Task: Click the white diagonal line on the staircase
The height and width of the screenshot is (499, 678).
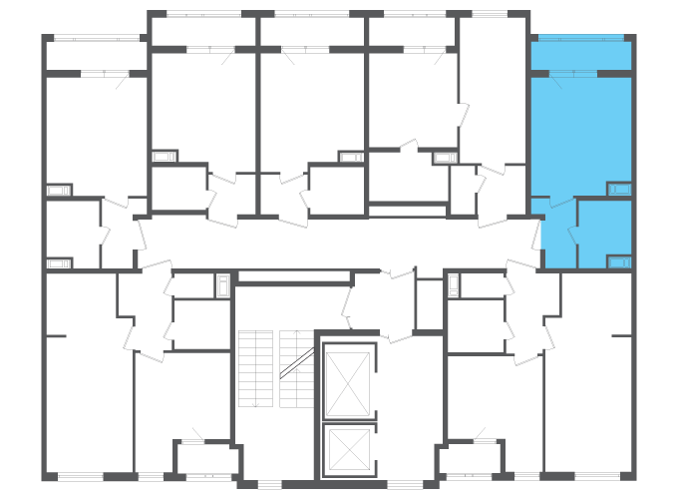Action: (297, 363)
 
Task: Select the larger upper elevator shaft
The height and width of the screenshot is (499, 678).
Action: (348, 383)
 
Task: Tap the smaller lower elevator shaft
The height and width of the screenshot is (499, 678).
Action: (348, 449)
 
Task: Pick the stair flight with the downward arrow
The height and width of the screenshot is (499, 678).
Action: (255, 369)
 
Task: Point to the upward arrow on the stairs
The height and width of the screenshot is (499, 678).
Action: (296, 344)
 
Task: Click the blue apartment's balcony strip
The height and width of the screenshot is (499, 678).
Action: (580, 55)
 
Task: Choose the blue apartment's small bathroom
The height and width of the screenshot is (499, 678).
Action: (604, 235)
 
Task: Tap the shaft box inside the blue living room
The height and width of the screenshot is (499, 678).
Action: (619, 189)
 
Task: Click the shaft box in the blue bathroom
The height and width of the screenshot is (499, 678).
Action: (619, 262)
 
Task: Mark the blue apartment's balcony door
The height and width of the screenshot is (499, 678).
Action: (573, 74)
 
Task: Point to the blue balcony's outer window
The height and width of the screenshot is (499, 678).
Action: (580, 38)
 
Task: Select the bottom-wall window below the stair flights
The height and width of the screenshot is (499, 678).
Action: (269, 485)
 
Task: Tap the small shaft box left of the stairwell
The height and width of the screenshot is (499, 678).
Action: (223, 285)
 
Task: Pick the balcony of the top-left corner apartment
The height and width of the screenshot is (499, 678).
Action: (95, 54)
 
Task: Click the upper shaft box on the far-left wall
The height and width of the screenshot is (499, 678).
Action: (58, 190)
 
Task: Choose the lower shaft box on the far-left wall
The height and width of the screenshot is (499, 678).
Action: (58, 263)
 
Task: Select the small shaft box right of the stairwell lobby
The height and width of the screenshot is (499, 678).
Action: (454, 285)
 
